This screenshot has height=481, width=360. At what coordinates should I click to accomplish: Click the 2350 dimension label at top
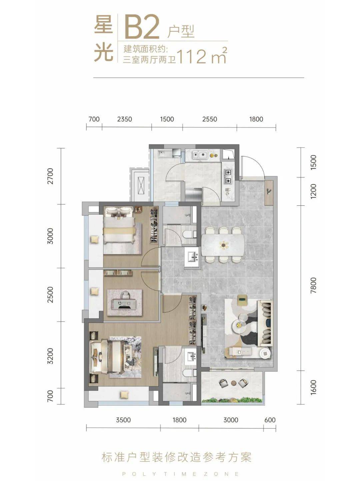124,119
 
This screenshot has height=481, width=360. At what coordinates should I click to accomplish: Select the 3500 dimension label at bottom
123,420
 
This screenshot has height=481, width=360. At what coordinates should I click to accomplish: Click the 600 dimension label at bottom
270,420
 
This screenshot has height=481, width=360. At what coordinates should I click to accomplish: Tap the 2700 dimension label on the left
50,176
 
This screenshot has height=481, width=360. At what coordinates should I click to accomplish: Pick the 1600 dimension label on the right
314,388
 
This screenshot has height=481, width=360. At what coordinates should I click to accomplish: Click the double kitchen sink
200,155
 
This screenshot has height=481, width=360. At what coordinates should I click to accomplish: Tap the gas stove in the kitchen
228,177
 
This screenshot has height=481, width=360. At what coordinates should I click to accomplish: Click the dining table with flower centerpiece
223,245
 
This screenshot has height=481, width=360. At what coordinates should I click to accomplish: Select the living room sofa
265,322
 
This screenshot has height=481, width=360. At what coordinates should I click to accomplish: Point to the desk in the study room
124,304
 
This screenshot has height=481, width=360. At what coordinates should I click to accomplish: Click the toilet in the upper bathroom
188,234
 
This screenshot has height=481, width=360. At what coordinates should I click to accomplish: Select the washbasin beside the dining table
192,257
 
